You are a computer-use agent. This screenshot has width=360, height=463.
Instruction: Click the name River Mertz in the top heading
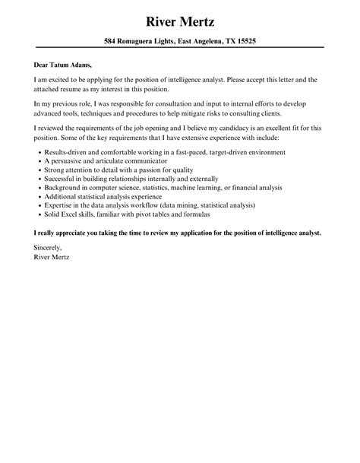180,16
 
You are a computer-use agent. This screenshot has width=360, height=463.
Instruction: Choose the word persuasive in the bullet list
66,163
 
